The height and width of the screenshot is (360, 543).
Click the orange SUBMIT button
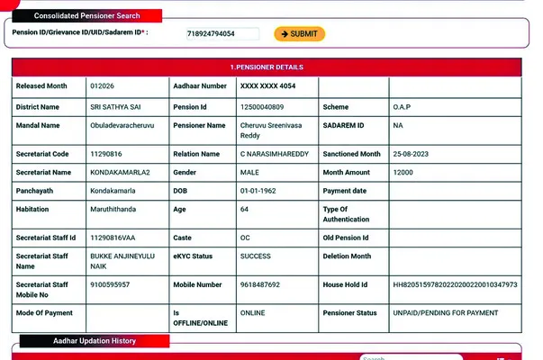coord(299,34)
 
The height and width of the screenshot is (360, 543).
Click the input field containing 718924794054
coord(222,34)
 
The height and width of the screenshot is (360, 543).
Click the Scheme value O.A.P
coord(403,107)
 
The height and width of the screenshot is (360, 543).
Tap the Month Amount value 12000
coord(403,172)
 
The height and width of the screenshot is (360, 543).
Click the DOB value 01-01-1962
coord(260,191)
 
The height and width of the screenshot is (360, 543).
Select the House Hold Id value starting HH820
coord(455,284)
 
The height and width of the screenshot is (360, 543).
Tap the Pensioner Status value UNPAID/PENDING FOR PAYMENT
coord(444,312)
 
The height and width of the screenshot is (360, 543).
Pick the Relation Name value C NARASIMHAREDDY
coord(274,154)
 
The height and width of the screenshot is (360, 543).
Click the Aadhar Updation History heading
coord(94,342)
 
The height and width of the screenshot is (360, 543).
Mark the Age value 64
coord(244,209)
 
